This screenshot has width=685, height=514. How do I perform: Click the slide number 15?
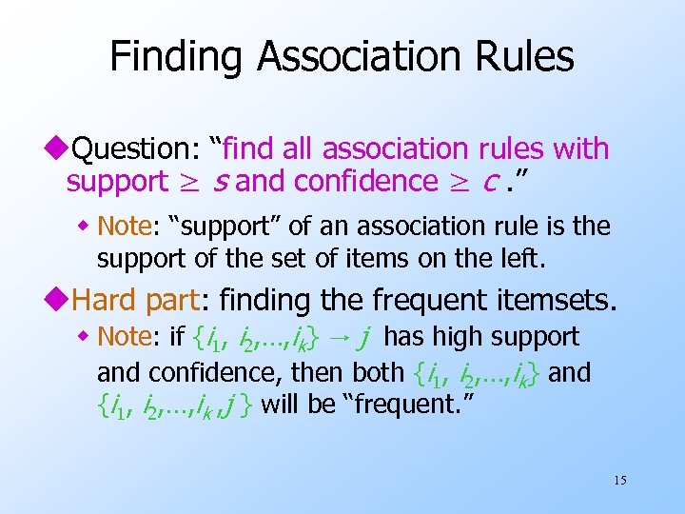[x=619, y=480]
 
